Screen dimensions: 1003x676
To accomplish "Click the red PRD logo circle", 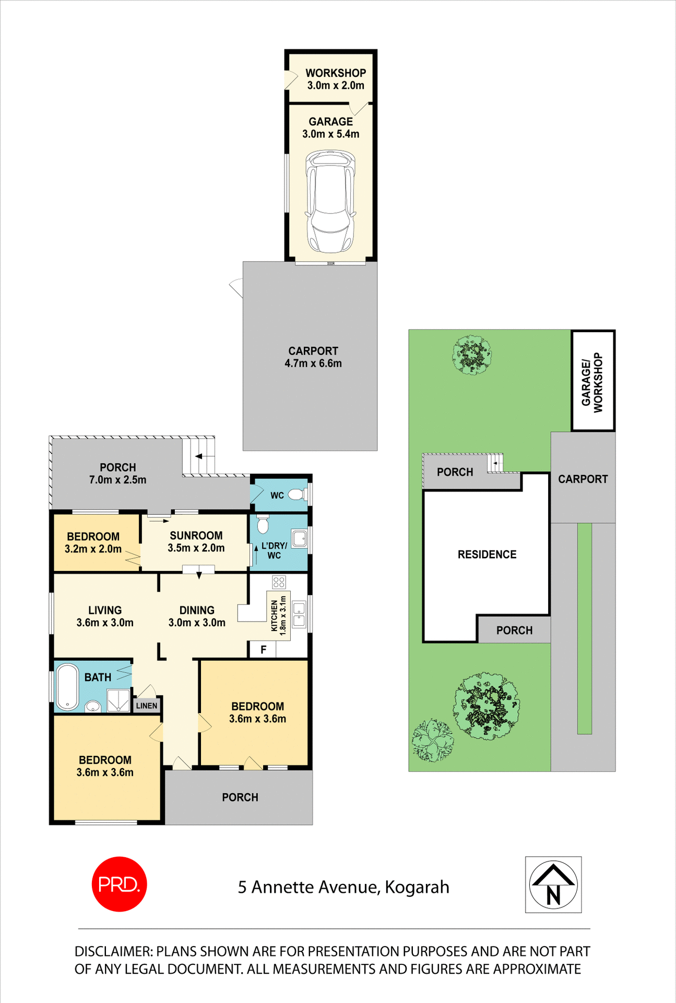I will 119,884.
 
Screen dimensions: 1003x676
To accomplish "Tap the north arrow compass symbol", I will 553,884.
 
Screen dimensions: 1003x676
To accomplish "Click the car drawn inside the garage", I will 330,201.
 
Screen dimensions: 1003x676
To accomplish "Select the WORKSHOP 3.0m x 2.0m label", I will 336,79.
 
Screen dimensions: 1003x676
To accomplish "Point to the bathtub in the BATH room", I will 67,686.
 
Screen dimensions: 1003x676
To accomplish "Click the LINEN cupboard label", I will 147,706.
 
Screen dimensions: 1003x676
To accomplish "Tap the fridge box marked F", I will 264,649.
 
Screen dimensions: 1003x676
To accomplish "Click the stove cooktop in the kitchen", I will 279,582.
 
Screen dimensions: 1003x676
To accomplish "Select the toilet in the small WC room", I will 297,494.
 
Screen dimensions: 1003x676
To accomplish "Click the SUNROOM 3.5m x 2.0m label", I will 196,542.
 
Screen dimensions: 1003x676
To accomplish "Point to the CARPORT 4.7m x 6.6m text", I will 313,357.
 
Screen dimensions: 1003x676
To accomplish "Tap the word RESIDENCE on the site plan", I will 487,554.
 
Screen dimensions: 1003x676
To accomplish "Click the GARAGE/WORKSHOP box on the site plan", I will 592,381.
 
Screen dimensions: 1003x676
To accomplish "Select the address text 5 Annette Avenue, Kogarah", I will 343,887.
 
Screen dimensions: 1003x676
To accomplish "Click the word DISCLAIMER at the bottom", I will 113,951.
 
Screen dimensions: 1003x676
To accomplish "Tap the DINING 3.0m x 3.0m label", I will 197,616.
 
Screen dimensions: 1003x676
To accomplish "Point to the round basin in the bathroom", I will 93,706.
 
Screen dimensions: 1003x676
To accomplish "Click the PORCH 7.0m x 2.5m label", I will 118,473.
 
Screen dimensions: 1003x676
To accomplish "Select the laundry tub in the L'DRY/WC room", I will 299,539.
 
